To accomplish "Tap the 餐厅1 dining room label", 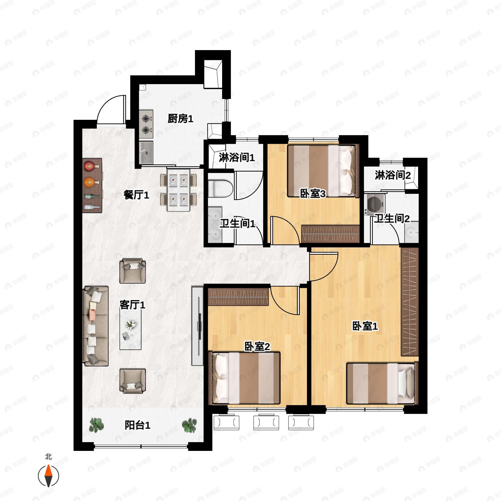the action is pyautogui.click(x=136, y=195).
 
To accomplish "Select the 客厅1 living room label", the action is pyautogui.click(x=132, y=305).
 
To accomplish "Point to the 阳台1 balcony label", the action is pyautogui.click(x=137, y=425).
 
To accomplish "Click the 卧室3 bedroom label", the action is pyautogui.click(x=313, y=194).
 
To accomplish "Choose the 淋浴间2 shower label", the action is pyautogui.click(x=393, y=175).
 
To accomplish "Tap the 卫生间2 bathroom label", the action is pyautogui.click(x=392, y=219).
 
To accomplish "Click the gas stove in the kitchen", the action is pyautogui.click(x=146, y=124).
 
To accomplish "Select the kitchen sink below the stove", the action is pyautogui.click(x=146, y=153).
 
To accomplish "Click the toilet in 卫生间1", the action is pyautogui.click(x=220, y=189).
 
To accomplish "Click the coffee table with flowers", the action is pyautogui.click(x=130, y=330).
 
